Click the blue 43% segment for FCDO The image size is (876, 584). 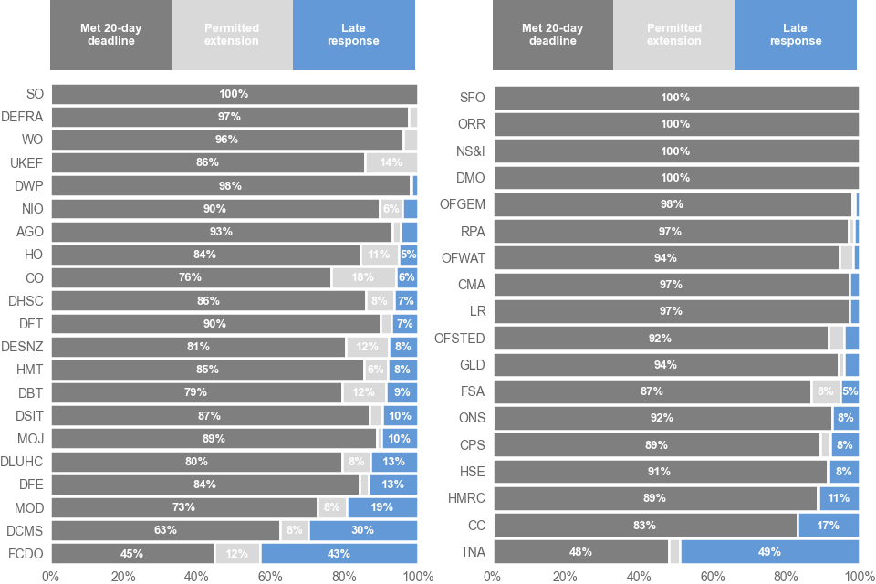click(x=339, y=553)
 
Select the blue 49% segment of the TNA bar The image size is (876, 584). click(x=769, y=552)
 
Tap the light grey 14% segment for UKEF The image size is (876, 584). click(x=391, y=162)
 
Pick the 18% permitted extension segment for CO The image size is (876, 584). click(x=363, y=277)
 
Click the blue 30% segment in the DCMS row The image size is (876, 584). click(x=363, y=530)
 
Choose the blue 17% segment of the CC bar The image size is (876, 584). click(x=829, y=526)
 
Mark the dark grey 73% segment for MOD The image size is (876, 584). click(x=184, y=507)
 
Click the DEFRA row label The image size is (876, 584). click(x=23, y=117)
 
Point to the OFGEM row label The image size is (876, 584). click(x=463, y=204)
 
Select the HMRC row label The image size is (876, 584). click(x=465, y=498)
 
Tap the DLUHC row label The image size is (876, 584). click(x=22, y=461)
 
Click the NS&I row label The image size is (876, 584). click(x=470, y=151)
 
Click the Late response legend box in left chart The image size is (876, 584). click(x=354, y=35)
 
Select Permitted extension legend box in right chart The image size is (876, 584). click(x=673, y=35)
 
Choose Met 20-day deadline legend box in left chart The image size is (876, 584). click(x=110, y=35)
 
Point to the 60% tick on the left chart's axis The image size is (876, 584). click(x=271, y=576)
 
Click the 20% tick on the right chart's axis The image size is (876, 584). click(x=566, y=576)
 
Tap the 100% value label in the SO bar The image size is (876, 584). click(x=234, y=94)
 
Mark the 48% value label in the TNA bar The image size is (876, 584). click(x=580, y=552)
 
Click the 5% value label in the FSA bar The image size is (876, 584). click(x=850, y=391)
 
